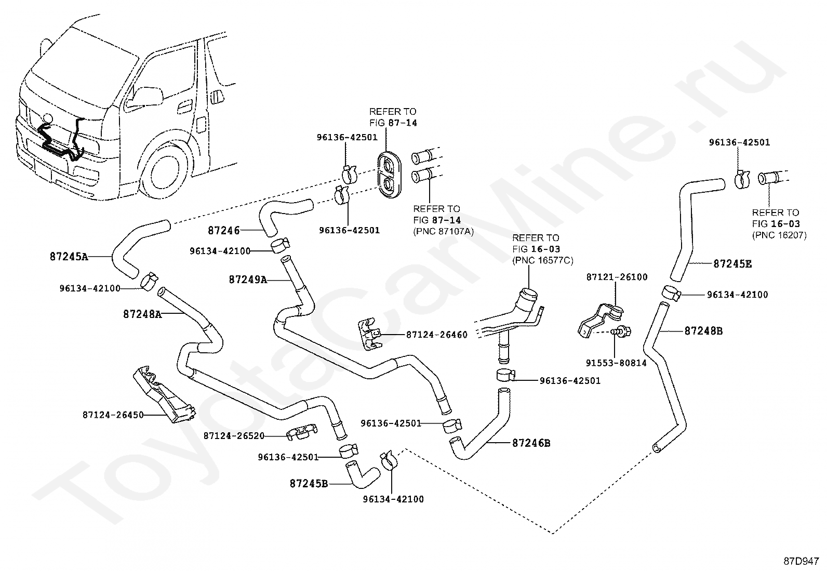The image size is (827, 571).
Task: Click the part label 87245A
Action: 69,257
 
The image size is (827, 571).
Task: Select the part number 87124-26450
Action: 113,415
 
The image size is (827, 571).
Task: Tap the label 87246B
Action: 531,443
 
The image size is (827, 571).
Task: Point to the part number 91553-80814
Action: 616,363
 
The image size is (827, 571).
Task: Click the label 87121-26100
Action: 617,277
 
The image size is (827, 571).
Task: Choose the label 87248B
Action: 704,331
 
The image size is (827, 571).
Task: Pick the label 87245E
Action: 732,264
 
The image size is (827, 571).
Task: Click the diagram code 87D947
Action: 801,561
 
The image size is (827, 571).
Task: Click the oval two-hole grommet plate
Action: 390,175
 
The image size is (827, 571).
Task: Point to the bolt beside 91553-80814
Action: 622,331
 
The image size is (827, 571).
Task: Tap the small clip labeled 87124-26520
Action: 302,431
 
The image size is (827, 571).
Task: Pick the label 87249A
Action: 248,280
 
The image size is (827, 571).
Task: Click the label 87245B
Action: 309,484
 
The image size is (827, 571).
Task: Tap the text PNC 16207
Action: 779,235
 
